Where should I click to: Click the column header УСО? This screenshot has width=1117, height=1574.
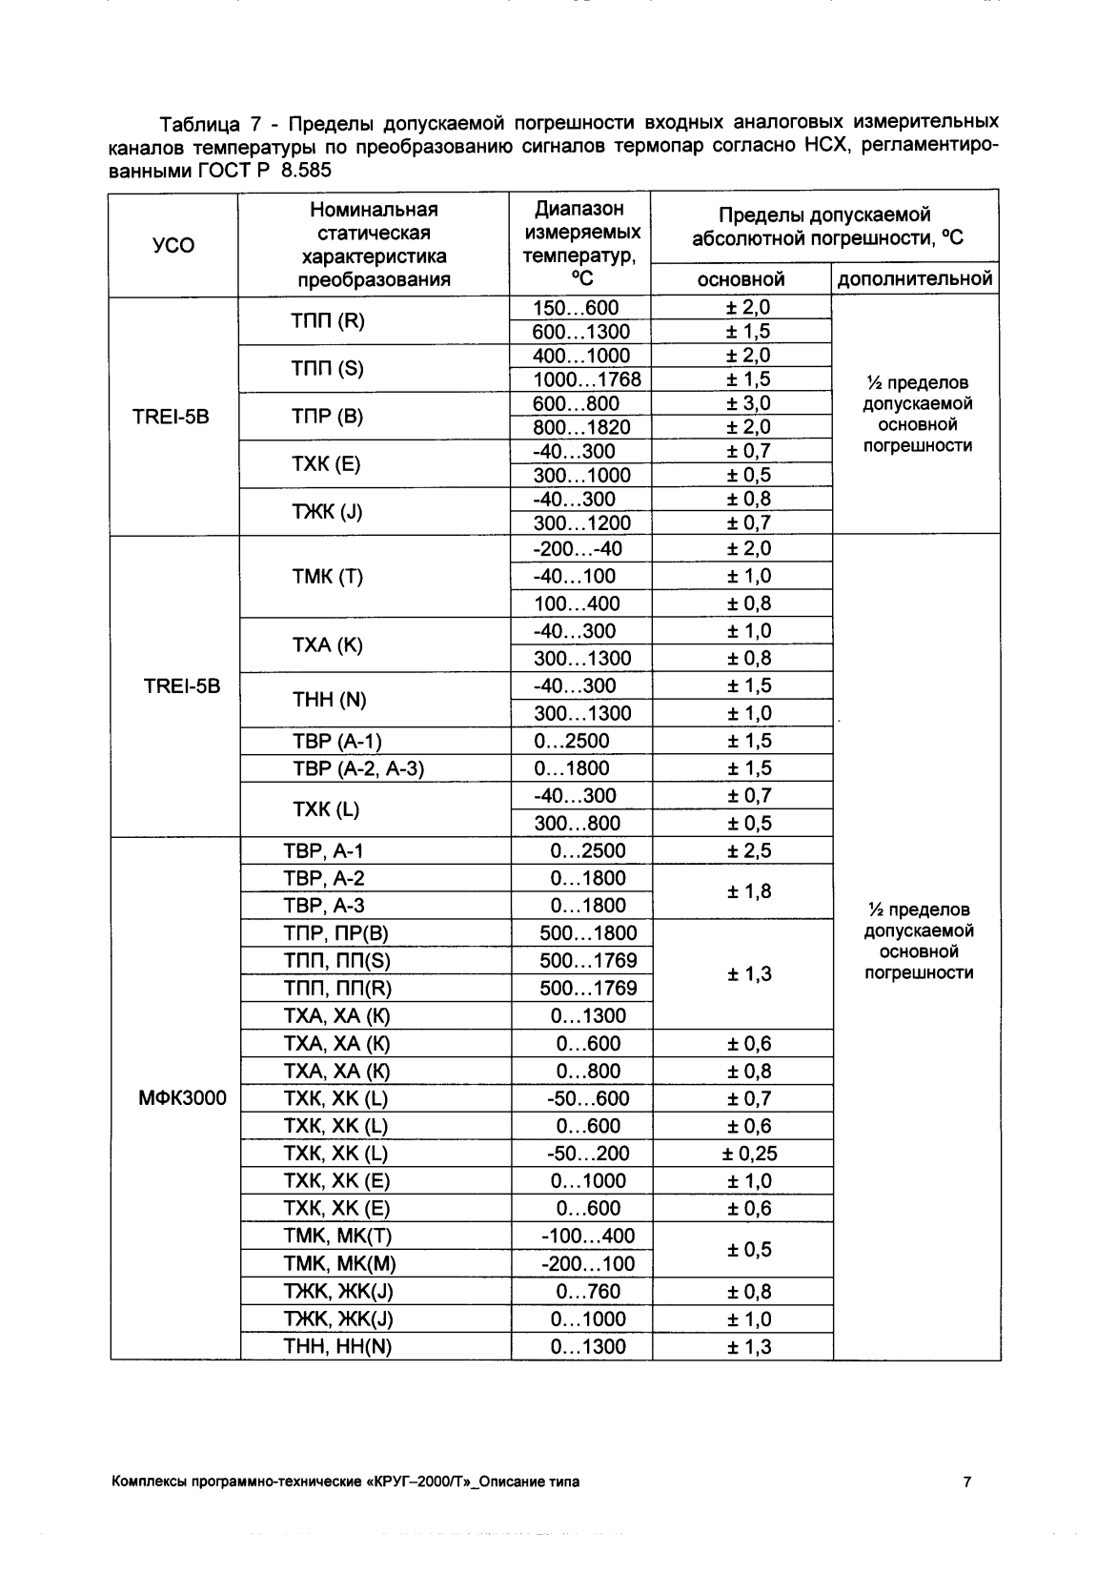coord(173,246)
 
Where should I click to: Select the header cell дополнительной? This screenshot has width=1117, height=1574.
coord(915,279)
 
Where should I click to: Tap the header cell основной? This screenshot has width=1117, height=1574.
coord(741,279)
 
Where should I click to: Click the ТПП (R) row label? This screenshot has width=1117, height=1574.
coord(327,320)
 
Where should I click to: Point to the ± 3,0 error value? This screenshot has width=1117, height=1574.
coord(748,403)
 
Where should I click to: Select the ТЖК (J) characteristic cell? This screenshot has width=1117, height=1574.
coord(327,512)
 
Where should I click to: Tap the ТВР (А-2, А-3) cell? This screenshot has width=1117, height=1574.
coord(357,768)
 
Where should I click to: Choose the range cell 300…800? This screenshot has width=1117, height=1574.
coord(577,824)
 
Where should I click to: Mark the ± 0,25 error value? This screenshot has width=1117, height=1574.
coord(749,1154)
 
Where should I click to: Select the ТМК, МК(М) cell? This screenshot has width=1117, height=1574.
coord(339,1264)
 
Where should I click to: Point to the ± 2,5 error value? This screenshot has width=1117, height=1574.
coord(748,851)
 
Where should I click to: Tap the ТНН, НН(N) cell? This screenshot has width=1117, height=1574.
coord(337,1347)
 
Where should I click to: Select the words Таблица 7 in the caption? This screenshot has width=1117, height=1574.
coord(210,125)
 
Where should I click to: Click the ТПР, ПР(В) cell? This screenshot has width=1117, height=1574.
coord(336,933)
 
